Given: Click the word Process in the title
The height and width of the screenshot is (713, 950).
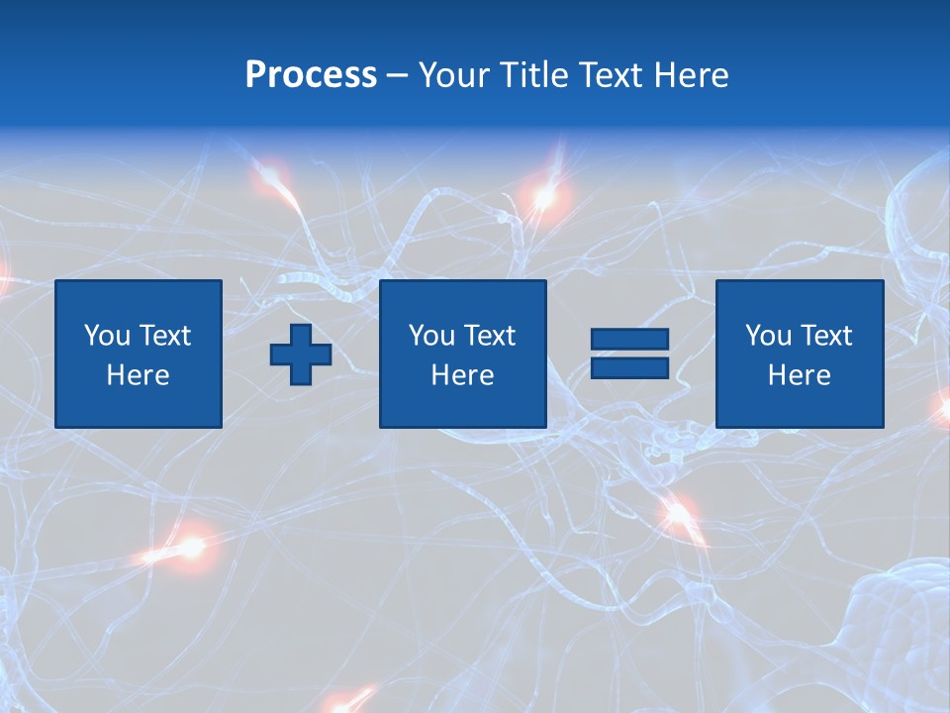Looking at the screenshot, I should pyautogui.click(x=311, y=75).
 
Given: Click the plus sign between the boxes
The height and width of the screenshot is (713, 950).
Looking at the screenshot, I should pyautogui.click(x=301, y=355).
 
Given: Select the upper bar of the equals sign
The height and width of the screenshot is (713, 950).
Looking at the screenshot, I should pyautogui.click(x=629, y=340).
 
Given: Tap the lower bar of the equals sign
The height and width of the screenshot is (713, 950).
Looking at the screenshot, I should pyautogui.click(x=629, y=367).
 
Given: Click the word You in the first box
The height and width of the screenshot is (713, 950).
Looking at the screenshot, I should pyautogui.click(x=107, y=336).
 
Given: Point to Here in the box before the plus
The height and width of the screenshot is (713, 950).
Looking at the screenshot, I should pyautogui.click(x=139, y=375).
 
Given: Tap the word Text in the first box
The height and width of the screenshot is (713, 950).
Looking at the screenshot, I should pyautogui.click(x=163, y=336).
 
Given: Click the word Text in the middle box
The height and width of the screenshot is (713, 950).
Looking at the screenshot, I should pyautogui.click(x=488, y=336).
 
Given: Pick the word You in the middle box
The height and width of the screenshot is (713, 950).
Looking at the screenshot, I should pyautogui.click(x=431, y=336).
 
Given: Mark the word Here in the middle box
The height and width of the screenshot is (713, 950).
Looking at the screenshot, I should pyautogui.click(x=463, y=375).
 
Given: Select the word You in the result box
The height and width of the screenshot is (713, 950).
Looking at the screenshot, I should pyautogui.click(x=768, y=336).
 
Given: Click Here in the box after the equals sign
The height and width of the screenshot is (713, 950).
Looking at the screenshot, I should pyautogui.click(x=800, y=375).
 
